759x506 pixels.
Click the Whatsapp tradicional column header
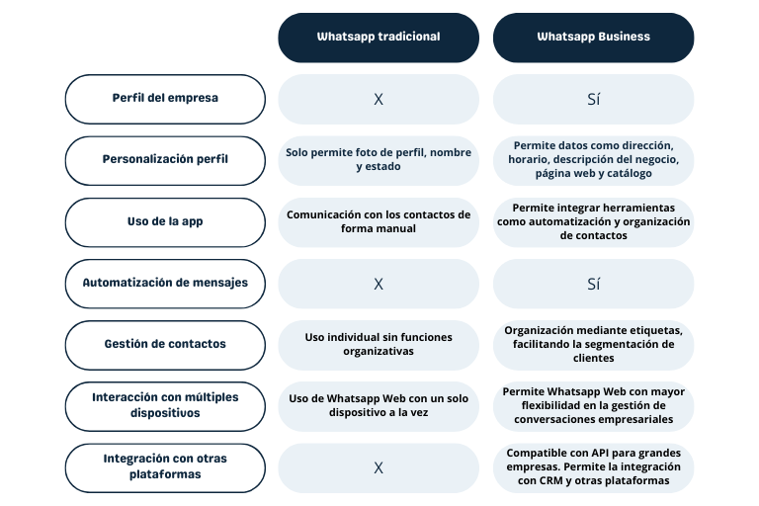(379, 38)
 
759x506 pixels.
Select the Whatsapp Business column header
(593, 38)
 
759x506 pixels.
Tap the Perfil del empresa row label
(165, 99)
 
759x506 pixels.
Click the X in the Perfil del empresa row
(379, 99)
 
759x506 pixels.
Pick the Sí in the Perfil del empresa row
(593, 99)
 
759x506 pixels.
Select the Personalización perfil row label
(165, 161)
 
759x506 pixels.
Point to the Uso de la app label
(165, 222)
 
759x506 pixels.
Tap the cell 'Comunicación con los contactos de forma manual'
(379, 222)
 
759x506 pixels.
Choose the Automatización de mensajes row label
(165, 284)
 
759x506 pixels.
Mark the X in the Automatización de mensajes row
(379, 284)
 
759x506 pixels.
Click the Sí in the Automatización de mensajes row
(593, 284)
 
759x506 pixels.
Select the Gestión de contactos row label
(165, 345)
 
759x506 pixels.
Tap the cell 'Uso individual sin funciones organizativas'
(379, 345)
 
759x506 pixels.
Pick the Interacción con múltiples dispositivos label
(165, 407)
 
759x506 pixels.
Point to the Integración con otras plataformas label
(165, 468)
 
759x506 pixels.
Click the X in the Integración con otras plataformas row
(379, 467)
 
